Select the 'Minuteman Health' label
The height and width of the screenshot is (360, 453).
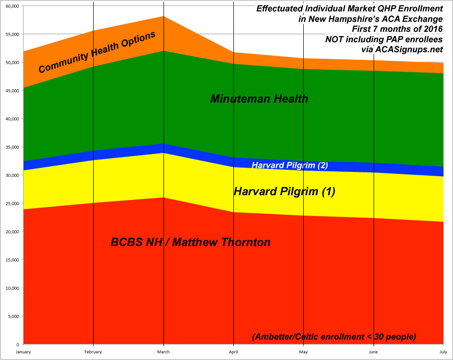pyautogui.click(x=259, y=99)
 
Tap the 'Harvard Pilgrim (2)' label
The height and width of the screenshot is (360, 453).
pyautogui.click(x=289, y=165)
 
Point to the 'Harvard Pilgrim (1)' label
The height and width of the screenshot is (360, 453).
pyautogui.click(x=284, y=191)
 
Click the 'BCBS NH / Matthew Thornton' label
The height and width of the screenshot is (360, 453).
pyautogui.click(x=191, y=242)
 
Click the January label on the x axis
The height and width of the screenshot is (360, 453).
pyautogui.click(x=23, y=352)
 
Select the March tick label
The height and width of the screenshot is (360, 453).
pyautogui.click(x=164, y=352)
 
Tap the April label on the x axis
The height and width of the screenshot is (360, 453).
pyautogui.click(x=233, y=352)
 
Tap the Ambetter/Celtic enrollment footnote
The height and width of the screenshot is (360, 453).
pyautogui.click(x=334, y=337)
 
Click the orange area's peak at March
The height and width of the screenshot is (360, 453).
pyautogui.click(x=164, y=17)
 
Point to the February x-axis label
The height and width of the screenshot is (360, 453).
pyautogui.click(x=93, y=352)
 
